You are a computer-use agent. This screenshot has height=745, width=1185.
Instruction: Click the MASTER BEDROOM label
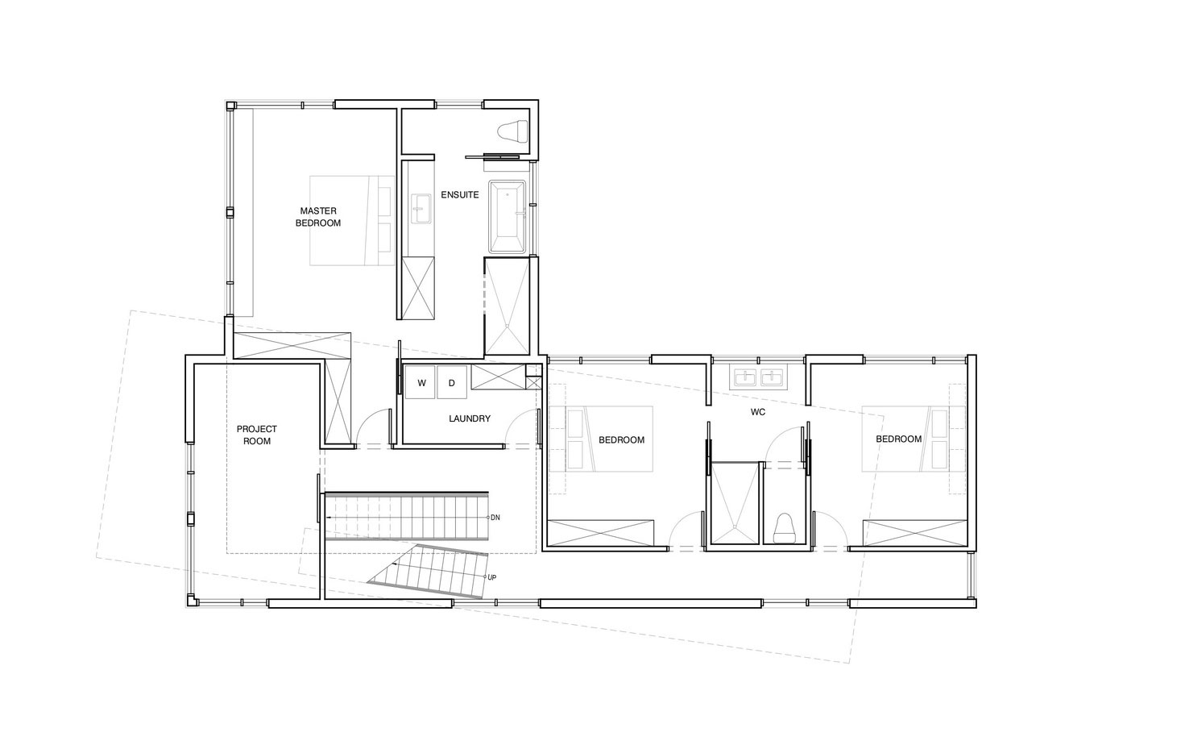click(x=317, y=217)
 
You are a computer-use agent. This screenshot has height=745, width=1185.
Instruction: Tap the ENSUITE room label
click(x=460, y=195)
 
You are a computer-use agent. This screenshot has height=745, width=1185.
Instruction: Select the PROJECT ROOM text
click(x=257, y=435)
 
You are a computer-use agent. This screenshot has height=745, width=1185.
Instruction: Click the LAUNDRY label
click(x=470, y=418)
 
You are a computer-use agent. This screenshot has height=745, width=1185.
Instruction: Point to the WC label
click(x=757, y=412)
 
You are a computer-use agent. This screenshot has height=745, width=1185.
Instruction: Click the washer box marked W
click(x=421, y=383)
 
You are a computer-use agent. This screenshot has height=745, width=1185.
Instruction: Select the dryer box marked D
click(x=452, y=383)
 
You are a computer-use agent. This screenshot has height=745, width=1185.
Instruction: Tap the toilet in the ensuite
click(x=512, y=131)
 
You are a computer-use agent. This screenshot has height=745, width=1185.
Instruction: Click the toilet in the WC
click(x=785, y=527)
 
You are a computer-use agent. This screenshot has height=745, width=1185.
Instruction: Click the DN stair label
click(x=495, y=517)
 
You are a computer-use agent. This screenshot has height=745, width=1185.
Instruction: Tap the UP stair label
click(x=491, y=577)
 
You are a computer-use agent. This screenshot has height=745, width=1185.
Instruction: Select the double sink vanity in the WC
click(x=757, y=377)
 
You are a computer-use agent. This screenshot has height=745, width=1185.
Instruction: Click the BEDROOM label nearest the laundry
click(x=621, y=439)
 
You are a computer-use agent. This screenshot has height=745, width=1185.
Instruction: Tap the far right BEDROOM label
click(x=898, y=439)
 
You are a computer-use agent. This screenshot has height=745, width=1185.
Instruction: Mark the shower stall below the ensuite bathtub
click(x=507, y=305)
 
